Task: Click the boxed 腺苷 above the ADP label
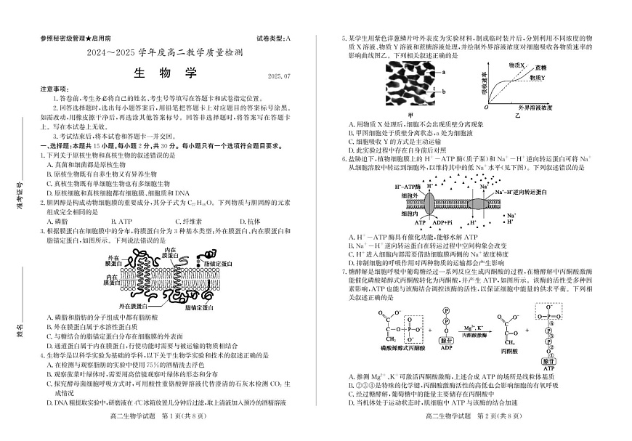tap(446, 340)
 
